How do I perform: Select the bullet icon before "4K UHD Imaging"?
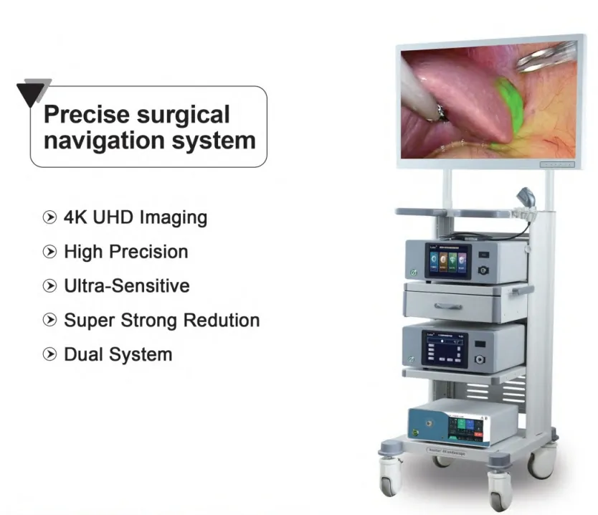[49, 217]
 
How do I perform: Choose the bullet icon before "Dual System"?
[49, 354]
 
